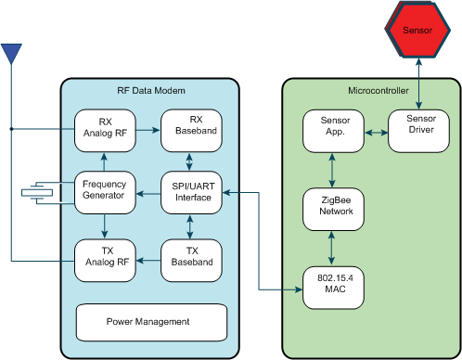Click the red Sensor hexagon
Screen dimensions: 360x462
(417, 30)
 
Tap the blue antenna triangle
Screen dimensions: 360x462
(11, 54)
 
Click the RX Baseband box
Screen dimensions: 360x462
(189, 131)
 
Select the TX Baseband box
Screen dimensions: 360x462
(189, 257)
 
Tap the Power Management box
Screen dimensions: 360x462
(151, 322)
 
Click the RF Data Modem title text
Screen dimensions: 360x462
(151, 91)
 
